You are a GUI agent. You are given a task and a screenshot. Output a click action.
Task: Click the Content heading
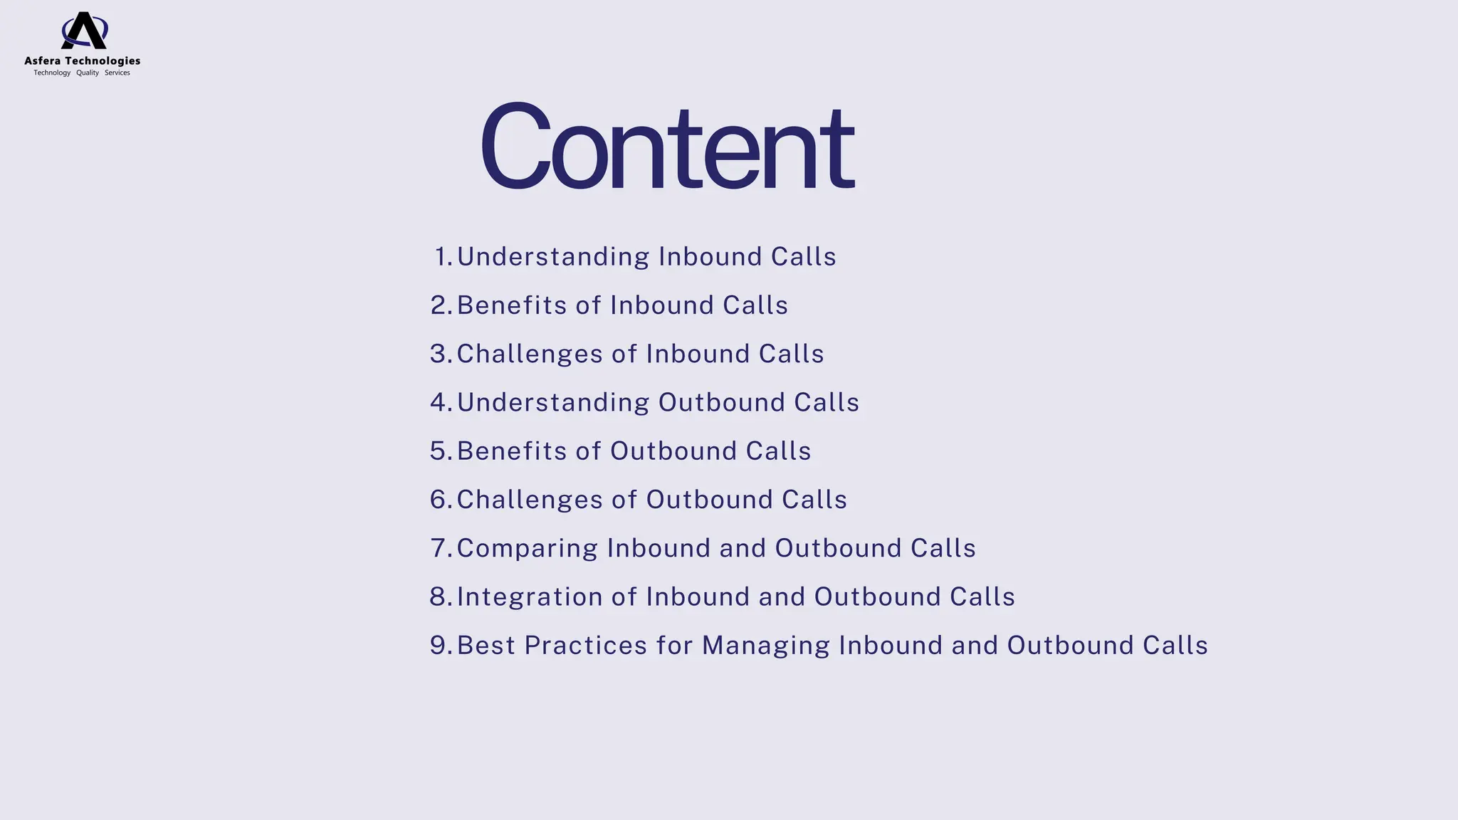[x=667, y=147]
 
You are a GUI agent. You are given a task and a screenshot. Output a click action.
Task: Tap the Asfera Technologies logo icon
[x=84, y=31]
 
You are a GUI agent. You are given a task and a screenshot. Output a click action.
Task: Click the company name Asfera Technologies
[x=83, y=61]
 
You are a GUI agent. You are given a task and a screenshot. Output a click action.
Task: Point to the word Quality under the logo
[x=88, y=73]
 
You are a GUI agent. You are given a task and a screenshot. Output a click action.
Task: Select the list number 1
[x=442, y=257]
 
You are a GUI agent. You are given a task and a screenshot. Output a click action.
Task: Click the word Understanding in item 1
[x=552, y=257]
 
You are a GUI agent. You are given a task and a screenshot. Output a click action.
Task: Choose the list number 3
[x=439, y=354]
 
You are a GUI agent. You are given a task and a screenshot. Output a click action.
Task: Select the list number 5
[x=439, y=451]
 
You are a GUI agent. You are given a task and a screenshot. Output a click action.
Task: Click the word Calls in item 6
[x=814, y=500]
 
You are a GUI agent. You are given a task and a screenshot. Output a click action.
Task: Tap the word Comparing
[x=527, y=549]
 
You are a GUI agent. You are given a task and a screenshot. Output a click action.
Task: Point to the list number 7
[x=439, y=548]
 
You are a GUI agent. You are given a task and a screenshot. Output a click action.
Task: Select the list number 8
[x=439, y=596]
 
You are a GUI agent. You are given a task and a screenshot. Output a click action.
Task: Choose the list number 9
[x=439, y=646]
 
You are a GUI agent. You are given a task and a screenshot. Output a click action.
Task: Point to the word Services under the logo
[x=117, y=73]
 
